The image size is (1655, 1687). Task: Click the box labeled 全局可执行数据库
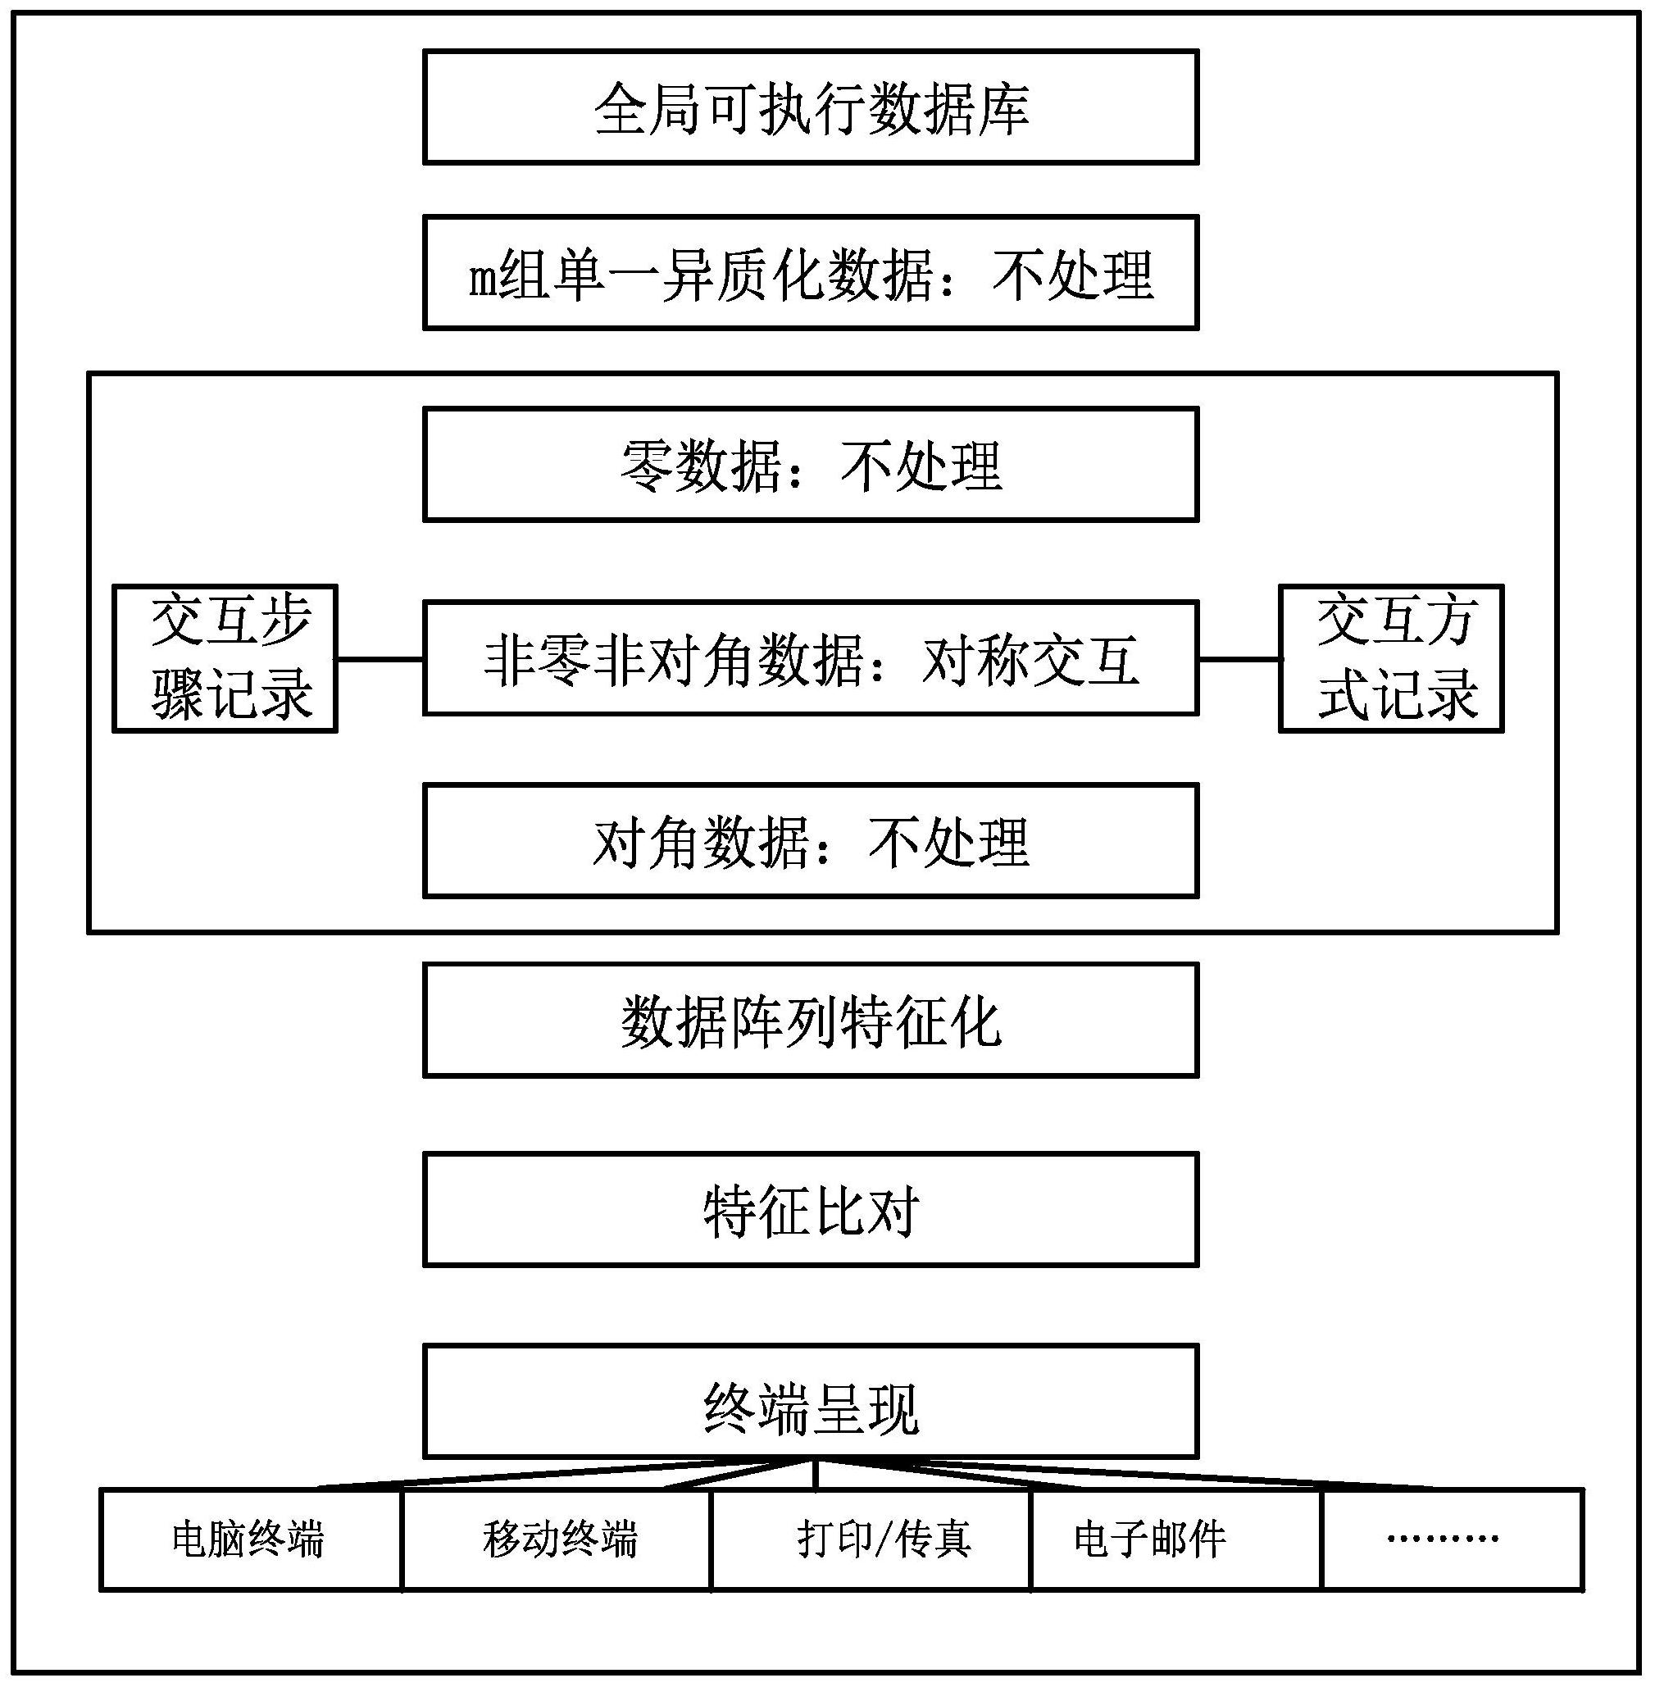pyautogui.click(x=810, y=107)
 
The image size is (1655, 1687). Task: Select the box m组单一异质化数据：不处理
pyautogui.click(x=810, y=273)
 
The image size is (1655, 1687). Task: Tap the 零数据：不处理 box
pyautogui.click(x=810, y=465)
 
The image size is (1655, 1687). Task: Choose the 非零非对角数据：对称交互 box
pyautogui.click(x=810, y=658)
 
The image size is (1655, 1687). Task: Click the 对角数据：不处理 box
pyautogui.click(x=810, y=840)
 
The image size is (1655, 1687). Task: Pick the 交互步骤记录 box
pyautogui.click(x=225, y=658)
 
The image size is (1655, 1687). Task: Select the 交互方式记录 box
pyautogui.click(x=1391, y=658)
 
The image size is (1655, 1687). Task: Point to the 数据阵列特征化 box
pyautogui.click(x=810, y=1020)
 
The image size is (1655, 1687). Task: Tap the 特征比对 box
pyautogui.click(x=810, y=1209)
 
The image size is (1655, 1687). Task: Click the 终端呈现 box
pyautogui.click(x=810, y=1400)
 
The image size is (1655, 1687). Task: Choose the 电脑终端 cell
pyautogui.click(x=251, y=1539)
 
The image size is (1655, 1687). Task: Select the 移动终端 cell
pyautogui.click(x=557, y=1539)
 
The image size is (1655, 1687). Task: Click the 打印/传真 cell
pyautogui.click(x=871, y=1539)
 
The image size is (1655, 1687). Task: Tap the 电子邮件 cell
pyautogui.click(x=1176, y=1539)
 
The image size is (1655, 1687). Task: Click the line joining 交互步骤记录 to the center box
pyautogui.click(x=380, y=659)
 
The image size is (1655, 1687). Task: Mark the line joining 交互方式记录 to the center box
pyautogui.click(x=1239, y=659)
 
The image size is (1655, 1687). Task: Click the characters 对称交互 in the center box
pyautogui.click(x=1030, y=660)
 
